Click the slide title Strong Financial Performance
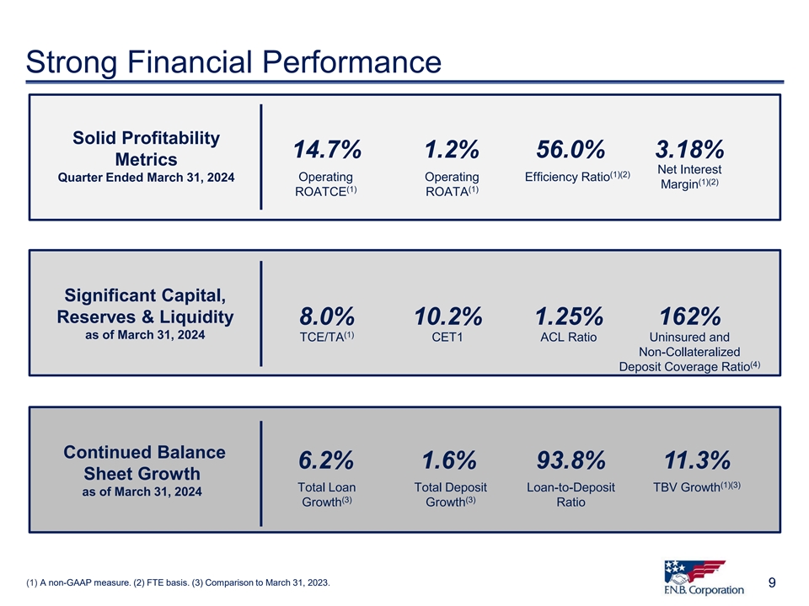[234, 62]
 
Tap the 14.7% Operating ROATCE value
[327, 151]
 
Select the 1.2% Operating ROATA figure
[452, 151]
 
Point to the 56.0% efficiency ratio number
[571, 151]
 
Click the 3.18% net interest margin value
[689, 151]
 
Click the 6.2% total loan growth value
[326, 461]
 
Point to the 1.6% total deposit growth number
[448, 461]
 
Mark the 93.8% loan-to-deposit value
[571, 461]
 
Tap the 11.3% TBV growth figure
[696, 461]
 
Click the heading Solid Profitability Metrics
[145, 148]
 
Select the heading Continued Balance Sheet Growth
[145, 463]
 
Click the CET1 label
[452, 338]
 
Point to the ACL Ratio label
[568, 338]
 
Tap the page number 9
[773, 582]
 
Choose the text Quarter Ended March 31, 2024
[146, 178]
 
